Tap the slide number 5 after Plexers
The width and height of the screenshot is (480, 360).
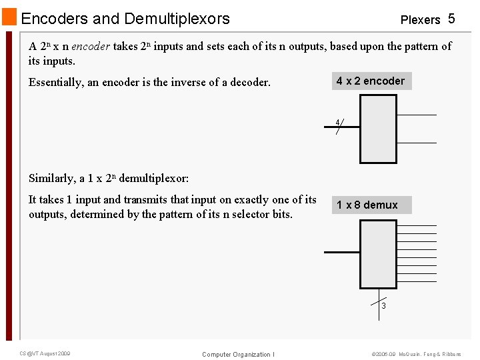[451, 19]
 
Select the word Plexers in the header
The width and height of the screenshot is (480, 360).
[420, 20]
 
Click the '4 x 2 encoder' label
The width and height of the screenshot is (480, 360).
[371, 81]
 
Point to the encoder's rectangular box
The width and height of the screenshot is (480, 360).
[378, 129]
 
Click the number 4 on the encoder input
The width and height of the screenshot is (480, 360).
[338, 122]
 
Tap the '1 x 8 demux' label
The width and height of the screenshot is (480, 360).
[367, 205]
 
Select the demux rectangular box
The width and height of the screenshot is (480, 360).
[378, 254]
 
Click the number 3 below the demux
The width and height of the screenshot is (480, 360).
[383, 306]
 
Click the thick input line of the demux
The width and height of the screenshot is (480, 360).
[341, 252]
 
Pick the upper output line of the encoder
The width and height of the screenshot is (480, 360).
[417, 115]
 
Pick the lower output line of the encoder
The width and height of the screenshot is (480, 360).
[417, 143]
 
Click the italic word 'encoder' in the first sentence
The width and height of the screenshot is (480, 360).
[91, 47]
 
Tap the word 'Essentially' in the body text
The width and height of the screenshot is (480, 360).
[56, 83]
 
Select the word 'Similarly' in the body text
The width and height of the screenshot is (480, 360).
[51, 178]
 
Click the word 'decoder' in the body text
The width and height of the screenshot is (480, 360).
[249, 83]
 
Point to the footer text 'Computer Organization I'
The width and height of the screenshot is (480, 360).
[238, 354]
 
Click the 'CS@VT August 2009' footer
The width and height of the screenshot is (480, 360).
[45, 353]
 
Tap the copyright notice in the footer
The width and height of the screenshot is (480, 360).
[416, 354]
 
